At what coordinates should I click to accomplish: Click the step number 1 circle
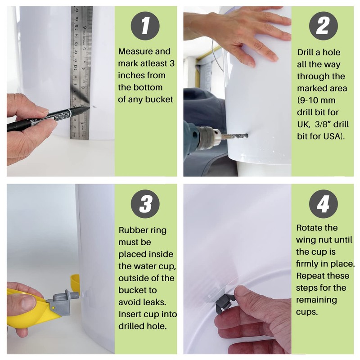[145, 26]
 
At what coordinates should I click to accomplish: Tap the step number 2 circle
[323, 26]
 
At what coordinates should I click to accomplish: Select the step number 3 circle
[145, 204]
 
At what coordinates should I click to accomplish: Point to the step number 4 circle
[323, 204]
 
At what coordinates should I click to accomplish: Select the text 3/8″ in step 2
[323, 124]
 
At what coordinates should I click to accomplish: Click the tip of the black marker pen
[89, 108]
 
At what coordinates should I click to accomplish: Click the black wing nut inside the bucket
[225, 302]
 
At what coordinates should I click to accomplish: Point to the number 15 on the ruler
[76, 27]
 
